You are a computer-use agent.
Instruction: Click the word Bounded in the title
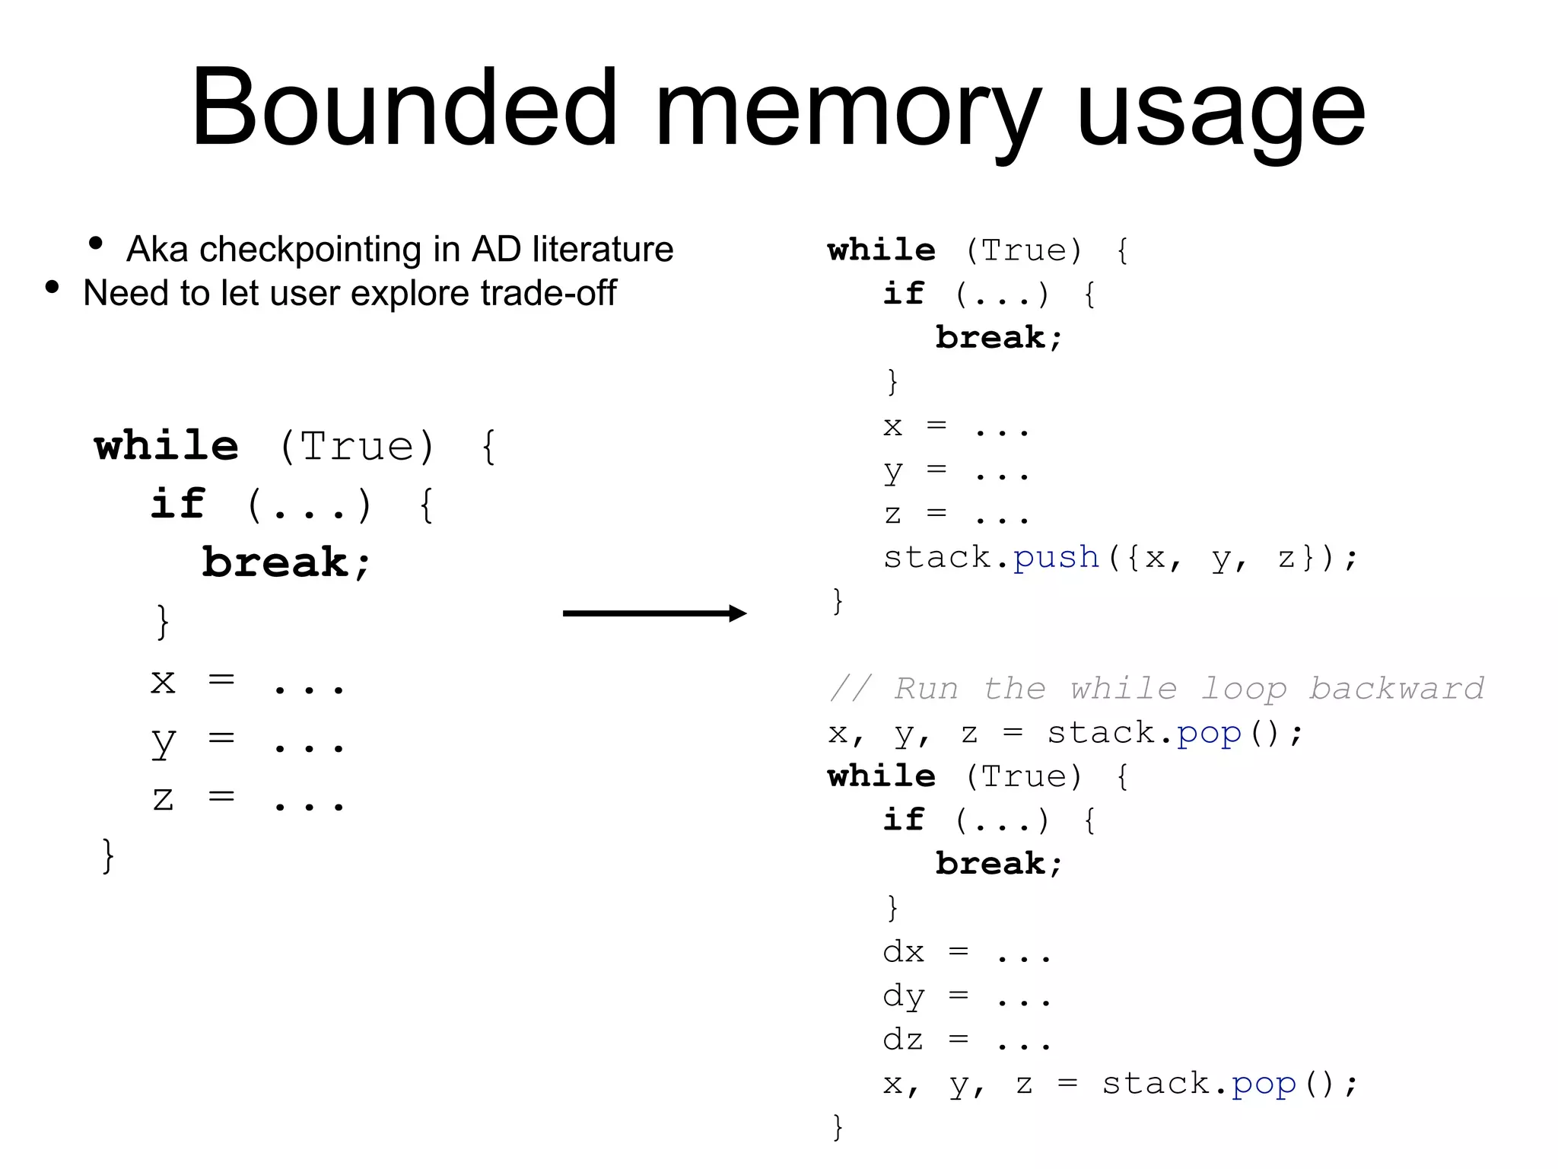(403, 108)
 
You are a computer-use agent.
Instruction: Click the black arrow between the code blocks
(654, 613)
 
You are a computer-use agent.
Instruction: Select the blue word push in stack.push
(1056, 558)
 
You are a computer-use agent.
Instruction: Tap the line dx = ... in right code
(966, 953)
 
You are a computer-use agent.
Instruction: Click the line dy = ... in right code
(966, 997)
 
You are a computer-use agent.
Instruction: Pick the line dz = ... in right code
(966, 1040)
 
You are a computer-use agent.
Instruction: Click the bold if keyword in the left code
(178, 504)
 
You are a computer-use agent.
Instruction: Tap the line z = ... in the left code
(248, 799)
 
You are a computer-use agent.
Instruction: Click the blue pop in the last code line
(1264, 1084)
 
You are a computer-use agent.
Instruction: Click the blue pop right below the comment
(1209, 734)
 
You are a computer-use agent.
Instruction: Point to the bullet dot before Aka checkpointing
(96, 244)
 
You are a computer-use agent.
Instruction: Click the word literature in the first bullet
(603, 250)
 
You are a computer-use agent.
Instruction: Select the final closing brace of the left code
(108, 855)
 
